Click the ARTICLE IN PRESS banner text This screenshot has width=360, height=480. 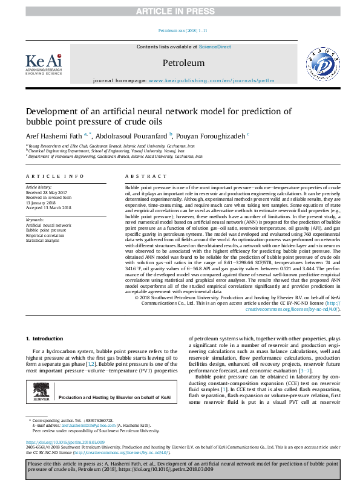(180, 11)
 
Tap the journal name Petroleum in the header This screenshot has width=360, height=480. (183, 63)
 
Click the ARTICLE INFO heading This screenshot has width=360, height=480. (54, 176)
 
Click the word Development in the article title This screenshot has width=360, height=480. (56, 111)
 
